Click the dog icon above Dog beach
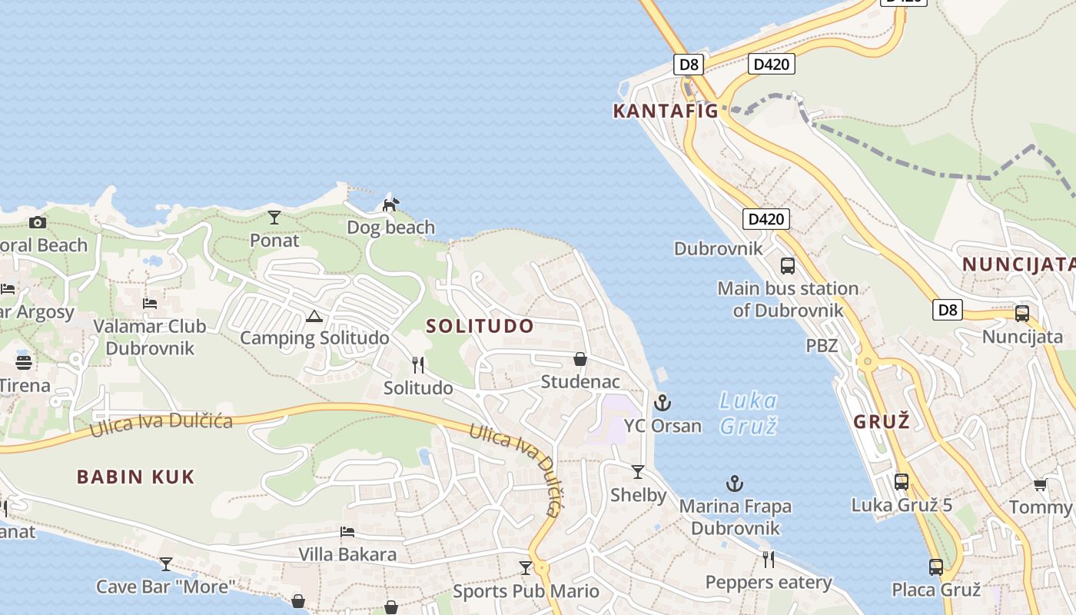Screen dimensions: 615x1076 pos(391,204)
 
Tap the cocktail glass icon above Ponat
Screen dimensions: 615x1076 pos(274,218)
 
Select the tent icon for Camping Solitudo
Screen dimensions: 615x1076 pos(314,316)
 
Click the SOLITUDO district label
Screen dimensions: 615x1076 pos(480,326)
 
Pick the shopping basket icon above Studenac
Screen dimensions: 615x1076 pos(580,359)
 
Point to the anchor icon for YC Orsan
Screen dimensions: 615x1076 pos(662,403)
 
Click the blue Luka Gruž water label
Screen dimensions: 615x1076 pos(749,413)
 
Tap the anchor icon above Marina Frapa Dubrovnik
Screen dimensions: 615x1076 pos(735,484)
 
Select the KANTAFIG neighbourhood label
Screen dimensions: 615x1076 pos(666,111)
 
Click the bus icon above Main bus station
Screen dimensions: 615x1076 pos(788,266)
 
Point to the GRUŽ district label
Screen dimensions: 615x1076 pos(882,421)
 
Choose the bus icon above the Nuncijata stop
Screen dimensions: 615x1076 pos(1022,314)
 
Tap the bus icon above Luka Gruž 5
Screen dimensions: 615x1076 pos(902,482)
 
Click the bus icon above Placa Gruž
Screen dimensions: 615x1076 pos(936,567)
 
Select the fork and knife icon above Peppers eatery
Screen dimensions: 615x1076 pos(768,559)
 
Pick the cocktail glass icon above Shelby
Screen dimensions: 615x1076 pos(638,472)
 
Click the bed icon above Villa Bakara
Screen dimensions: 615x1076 pos(347,531)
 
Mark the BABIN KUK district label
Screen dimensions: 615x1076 pos(136,477)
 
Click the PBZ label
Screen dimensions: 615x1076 pos(822,346)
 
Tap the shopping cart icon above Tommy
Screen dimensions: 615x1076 pos(1040,484)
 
